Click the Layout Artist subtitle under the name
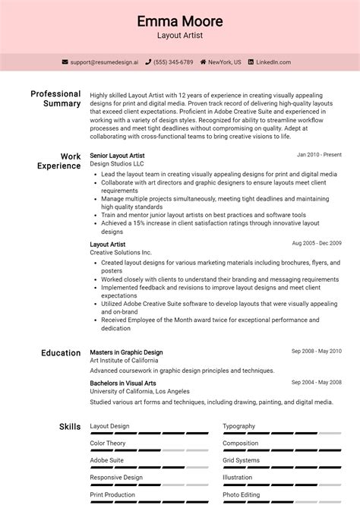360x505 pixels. pos(180,36)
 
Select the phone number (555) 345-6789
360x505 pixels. pos(174,62)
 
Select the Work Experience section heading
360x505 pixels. pos(60,161)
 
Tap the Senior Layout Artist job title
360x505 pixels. pos(117,156)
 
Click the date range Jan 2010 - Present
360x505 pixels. pos(319,155)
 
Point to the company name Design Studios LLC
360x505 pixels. pos(116,164)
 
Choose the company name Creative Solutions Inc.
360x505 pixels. pos(121,252)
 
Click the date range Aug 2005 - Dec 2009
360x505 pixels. pos(317,244)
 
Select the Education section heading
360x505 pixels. pos(61,353)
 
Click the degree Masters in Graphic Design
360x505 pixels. pos(126,353)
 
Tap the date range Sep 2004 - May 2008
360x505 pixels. pos(317,383)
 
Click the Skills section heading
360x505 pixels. pos(70,427)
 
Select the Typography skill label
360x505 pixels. pos(238,427)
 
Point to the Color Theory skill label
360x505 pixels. pos(108,443)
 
